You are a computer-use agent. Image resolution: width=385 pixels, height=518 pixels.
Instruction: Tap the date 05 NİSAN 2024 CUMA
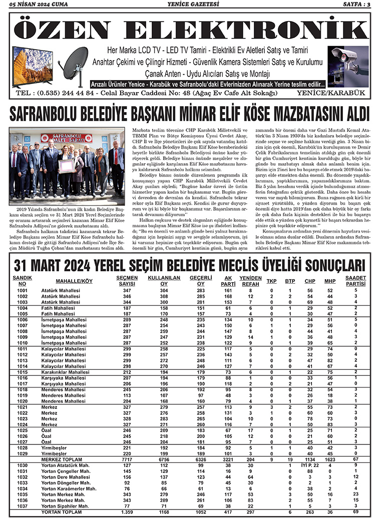click(x=38, y=5)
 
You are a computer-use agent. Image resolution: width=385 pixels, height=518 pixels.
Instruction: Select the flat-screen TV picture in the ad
click(x=33, y=66)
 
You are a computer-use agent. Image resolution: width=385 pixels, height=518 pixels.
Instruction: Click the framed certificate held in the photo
click(x=67, y=166)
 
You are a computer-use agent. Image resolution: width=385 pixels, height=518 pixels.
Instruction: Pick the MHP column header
click(x=330, y=281)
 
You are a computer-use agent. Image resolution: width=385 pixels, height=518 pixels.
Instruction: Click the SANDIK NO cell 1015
click(x=22, y=372)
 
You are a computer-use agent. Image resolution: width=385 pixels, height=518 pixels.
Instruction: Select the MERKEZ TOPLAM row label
click(x=61, y=458)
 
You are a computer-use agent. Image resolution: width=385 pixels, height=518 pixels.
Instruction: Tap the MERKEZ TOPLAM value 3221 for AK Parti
click(x=228, y=458)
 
